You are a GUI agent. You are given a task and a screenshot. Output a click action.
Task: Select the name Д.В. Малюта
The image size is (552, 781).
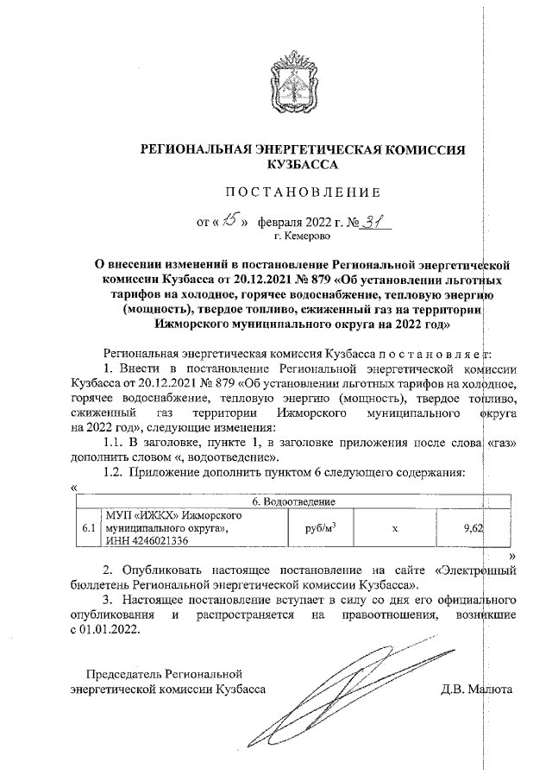click(x=476, y=690)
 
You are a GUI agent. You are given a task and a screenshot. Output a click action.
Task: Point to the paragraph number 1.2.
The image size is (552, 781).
click(x=114, y=471)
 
